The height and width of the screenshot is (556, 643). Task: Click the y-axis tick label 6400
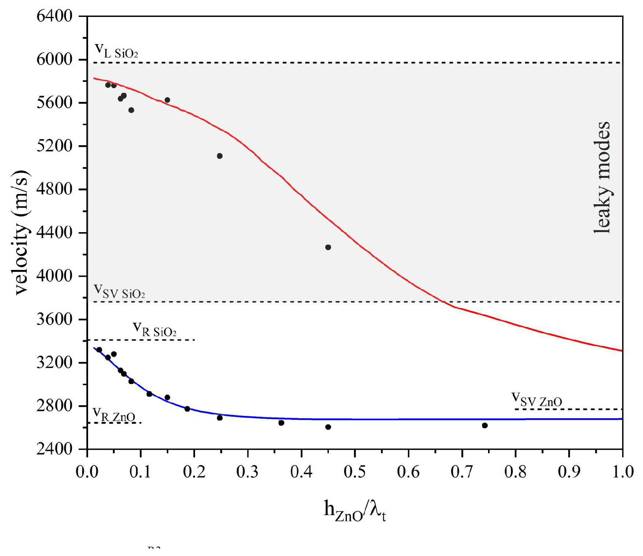point(54,17)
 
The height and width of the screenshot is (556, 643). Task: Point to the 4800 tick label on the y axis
point(54,190)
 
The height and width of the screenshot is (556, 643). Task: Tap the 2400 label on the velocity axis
point(54,449)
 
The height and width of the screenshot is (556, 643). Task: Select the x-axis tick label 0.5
point(355,471)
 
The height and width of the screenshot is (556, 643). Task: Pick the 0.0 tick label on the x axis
point(87,471)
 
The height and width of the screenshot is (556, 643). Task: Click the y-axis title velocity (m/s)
point(21,232)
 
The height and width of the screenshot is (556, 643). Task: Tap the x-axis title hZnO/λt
point(355,511)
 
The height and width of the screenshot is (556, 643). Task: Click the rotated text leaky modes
point(602,178)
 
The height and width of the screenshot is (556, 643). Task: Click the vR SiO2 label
point(155,329)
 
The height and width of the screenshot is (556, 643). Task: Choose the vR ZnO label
point(114,414)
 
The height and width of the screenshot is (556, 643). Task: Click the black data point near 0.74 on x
point(485,425)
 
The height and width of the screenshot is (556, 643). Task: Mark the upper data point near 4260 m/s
point(328,247)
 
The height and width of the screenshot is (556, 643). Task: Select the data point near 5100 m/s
point(219,156)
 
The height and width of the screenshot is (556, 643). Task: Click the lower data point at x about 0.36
point(281,423)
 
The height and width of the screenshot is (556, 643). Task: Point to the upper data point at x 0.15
point(167,100)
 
